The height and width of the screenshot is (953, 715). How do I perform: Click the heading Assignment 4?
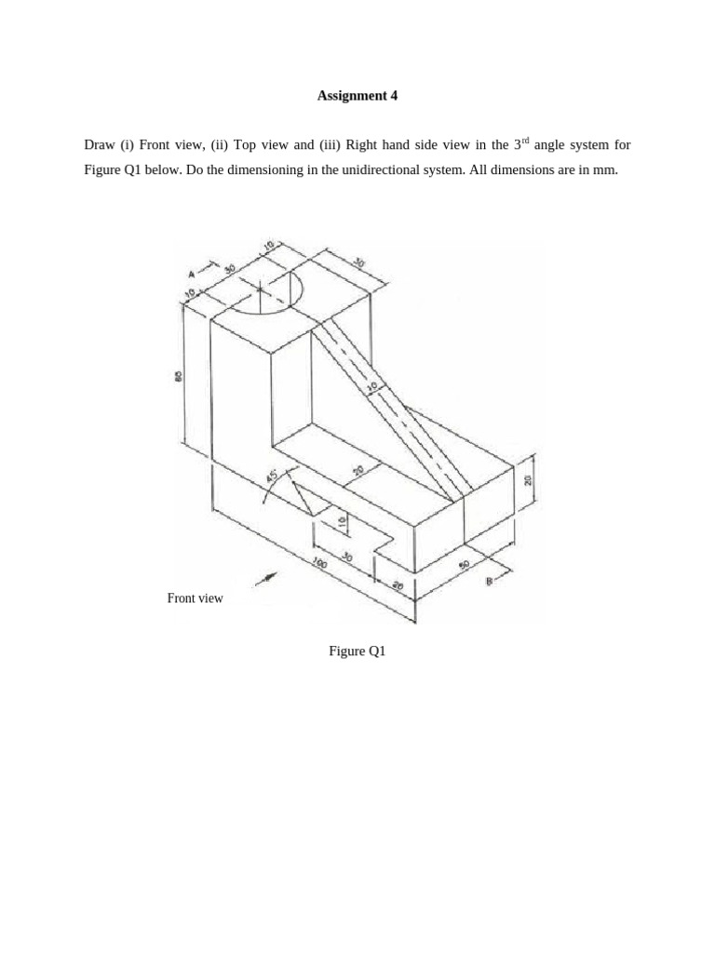(357, 95)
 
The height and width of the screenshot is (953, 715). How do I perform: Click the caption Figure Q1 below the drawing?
(357, 651)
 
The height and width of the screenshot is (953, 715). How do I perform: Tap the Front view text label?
(195, 598)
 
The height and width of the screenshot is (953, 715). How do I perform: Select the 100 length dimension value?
(318, 563)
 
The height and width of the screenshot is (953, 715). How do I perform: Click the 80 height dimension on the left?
(178, 376)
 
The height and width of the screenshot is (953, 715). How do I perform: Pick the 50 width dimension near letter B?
(464, 564)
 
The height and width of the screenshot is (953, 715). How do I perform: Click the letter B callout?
(489, 582)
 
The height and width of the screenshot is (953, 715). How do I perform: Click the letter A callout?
(192, 274)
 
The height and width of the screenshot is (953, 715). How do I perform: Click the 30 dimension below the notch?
(347, 557)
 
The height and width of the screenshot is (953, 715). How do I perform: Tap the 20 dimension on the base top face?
(358, 472)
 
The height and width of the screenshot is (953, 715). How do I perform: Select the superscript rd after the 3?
(525, 141)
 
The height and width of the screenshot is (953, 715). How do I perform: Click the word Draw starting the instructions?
(100, 145)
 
